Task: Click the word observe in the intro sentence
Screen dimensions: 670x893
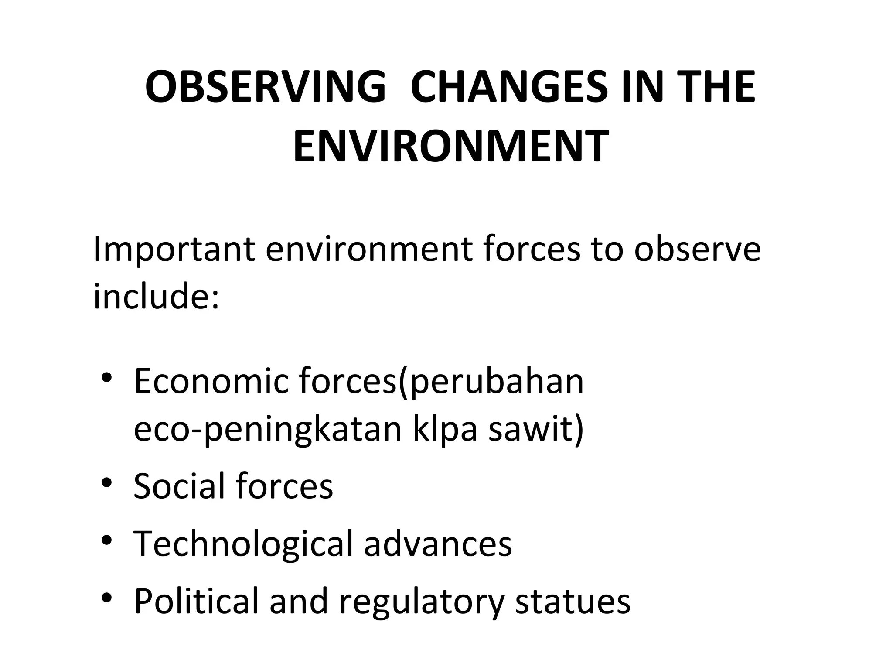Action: [x=697, y=250]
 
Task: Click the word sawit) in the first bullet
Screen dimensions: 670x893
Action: [x=536, y=429]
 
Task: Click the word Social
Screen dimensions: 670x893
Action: [x=179, y=486]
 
